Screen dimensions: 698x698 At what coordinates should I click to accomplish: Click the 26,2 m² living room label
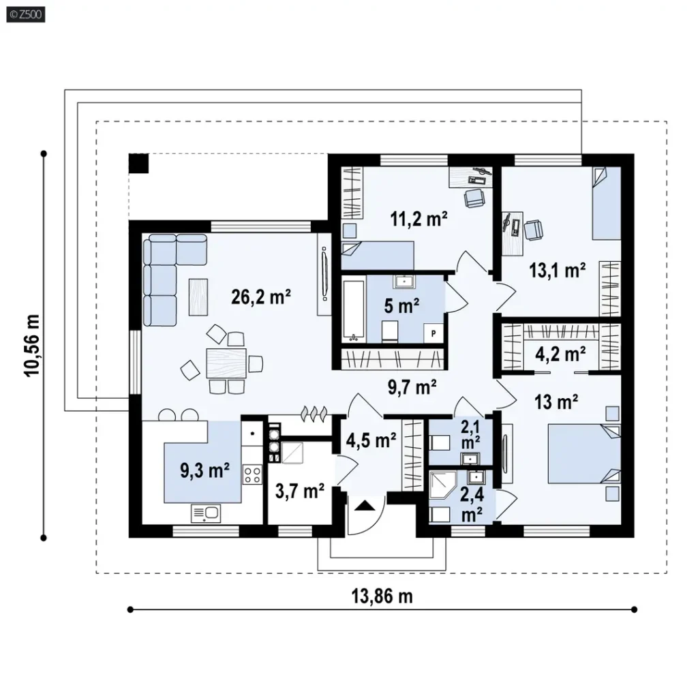[261, 297]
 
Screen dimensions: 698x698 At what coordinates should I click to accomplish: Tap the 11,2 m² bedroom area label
[419, 219]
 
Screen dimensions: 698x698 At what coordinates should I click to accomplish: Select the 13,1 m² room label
[557, 270]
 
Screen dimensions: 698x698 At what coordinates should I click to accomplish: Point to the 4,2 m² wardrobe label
[560, 354]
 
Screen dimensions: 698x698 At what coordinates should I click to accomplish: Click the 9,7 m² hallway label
[412, 387]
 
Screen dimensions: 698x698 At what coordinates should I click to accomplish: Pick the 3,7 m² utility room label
[300, 491]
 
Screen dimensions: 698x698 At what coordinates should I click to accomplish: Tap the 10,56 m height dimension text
[32, 346]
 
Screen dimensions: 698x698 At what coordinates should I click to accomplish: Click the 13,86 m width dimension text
[382, 596]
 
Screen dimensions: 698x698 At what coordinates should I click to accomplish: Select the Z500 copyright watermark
[26, 15]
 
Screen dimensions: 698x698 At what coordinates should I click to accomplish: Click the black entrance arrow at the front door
[365, 505]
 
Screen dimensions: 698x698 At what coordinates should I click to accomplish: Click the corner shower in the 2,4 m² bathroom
[442, 485]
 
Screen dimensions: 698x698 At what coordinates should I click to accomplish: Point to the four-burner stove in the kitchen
[252, 474]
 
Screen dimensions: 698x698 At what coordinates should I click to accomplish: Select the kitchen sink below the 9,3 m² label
[206, 513]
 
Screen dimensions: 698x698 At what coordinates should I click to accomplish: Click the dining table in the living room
[226, 363]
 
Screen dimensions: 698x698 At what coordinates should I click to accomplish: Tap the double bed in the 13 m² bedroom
[584, 453]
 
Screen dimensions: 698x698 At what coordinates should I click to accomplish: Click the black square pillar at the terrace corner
[138, 164]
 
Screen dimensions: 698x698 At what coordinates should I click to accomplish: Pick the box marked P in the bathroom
[433, 333]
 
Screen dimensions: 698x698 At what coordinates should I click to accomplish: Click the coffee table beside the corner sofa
[198, 297]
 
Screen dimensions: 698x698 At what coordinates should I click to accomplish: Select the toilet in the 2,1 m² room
[439, 443]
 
